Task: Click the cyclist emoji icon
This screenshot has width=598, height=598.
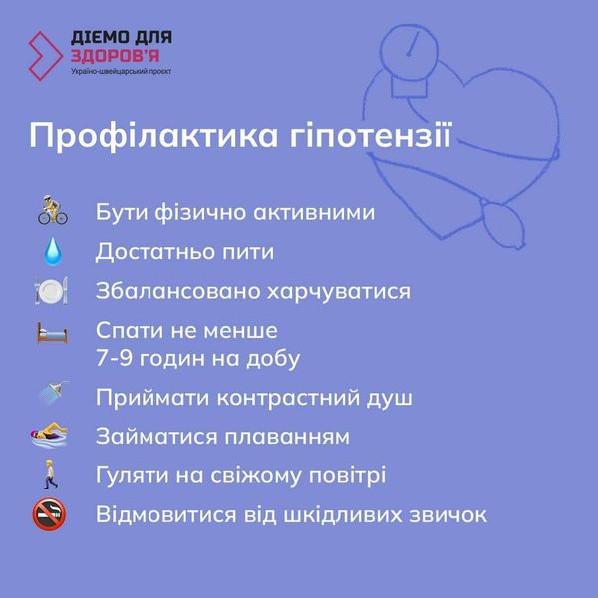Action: (x=51, y=212)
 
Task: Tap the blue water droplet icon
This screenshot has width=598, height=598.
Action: (x=51, y=251)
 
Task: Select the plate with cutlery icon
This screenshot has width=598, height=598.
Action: (x=51, y=291)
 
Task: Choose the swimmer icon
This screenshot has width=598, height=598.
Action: (x=51, y=436)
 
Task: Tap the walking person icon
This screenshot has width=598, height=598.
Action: (x=51, y=475)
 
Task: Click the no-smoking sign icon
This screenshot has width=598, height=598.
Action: (x=51, y=515)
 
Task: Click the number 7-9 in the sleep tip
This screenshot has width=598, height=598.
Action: (x=118, y=357)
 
